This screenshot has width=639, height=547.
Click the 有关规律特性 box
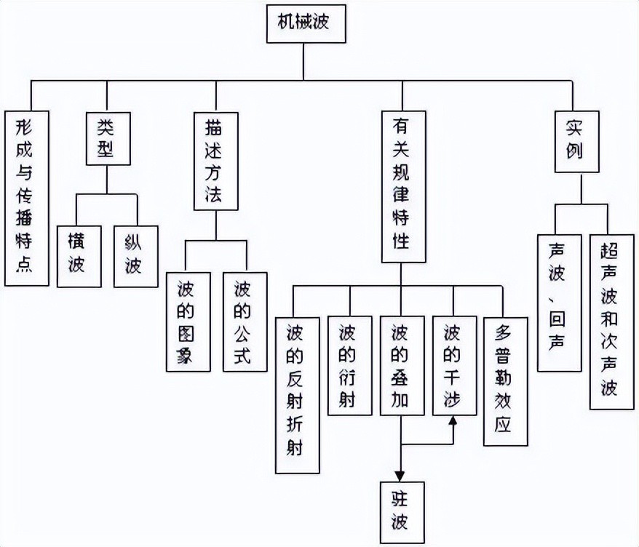(x=404, y=186)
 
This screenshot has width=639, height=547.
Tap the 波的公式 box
(x=245, y=322)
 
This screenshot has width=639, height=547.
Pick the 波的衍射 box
(x=349, y=365)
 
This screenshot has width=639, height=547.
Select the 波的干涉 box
(x=454, y=365)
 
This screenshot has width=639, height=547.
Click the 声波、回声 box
(x=559, y=303)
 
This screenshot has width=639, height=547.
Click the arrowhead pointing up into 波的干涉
(x=454, y=421)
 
